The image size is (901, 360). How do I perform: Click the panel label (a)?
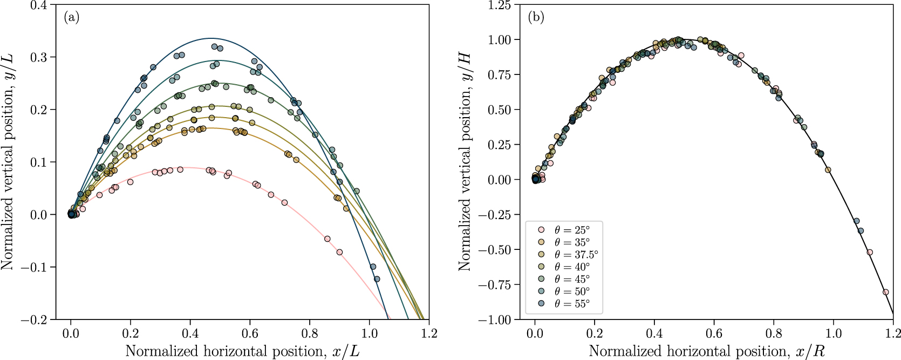[x=71, y=17]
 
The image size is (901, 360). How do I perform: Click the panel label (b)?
[x=536, y=17]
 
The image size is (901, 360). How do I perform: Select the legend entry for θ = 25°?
[x=571, y=230]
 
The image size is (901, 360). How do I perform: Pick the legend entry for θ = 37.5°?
[x=576, y=255]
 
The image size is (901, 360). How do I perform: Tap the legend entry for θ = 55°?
[x=571, y=304]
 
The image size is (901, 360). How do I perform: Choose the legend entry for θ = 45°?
[x=571, y=279]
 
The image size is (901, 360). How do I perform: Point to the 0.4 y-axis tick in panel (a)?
[x=39, y=5]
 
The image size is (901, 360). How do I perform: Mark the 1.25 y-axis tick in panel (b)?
[x=501, y=5]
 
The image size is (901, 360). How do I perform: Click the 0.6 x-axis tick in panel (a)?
[x=250, y=332]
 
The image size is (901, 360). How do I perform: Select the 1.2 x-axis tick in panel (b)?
[x=893, y=332]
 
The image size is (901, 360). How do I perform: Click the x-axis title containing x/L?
[x=242, y=351]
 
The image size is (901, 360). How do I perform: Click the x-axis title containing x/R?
[x=706, y=351]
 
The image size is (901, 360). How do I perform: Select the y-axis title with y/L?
[x=7, y=162]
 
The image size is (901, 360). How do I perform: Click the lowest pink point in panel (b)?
[x=885, y=292]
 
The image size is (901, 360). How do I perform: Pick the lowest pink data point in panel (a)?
[x=339, y=252]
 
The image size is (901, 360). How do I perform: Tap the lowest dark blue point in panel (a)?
[x=377, y=279]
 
